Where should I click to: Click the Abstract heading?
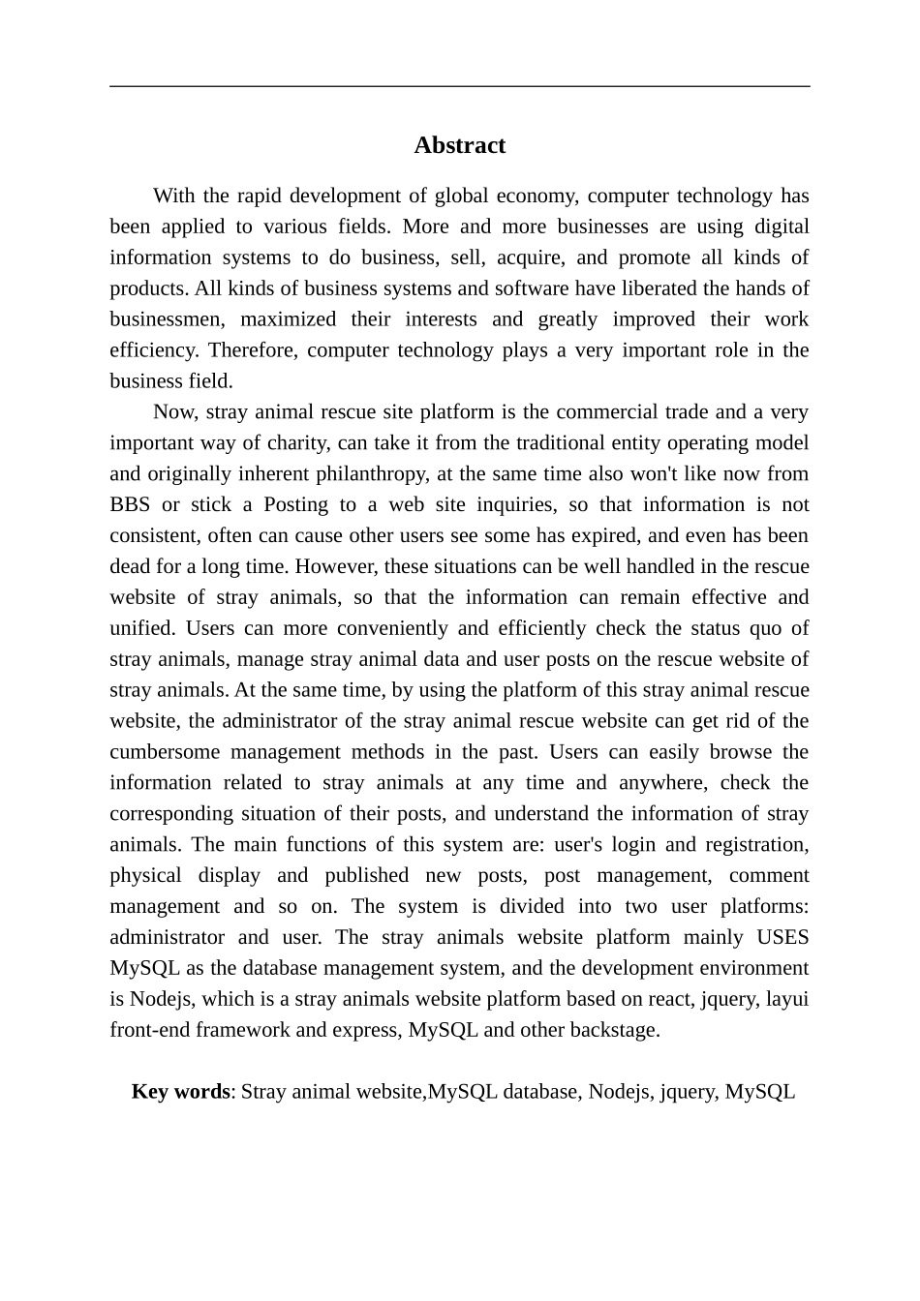coord(459,145)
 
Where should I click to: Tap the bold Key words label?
coord(180,1092)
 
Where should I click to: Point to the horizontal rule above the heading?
coord(459,86)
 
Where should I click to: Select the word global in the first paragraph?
coord(460,196)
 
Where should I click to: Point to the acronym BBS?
coord(130,505)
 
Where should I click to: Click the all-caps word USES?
coord(782,937)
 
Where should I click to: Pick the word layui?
coord(786,999)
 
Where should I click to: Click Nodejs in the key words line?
coord(618,1092)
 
